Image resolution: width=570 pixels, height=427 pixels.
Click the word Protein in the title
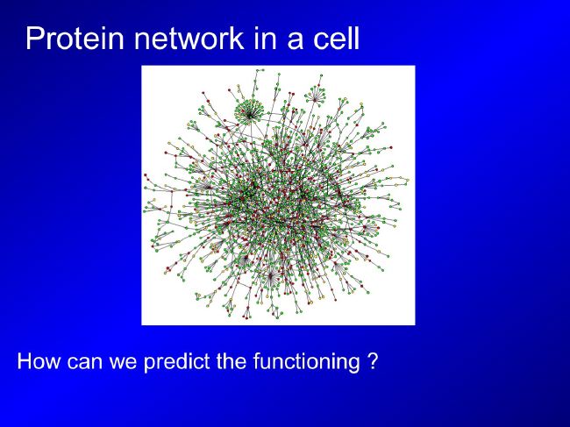point(75,38)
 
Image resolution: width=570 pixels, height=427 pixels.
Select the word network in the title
point(189,38)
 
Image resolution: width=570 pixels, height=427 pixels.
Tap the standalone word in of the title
point(267,38)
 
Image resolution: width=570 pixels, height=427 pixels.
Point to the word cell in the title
point(336,38)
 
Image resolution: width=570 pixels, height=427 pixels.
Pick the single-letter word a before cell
point(296,40)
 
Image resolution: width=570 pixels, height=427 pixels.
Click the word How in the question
point(39,361)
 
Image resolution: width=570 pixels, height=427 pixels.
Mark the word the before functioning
point(231,361)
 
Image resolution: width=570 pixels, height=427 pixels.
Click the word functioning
point(306,362)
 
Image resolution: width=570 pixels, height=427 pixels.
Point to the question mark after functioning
point(373,361)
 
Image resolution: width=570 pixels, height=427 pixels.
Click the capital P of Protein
point(34,38)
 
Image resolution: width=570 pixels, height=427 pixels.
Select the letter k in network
point(237,38)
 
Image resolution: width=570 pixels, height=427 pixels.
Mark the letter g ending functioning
point(354,365)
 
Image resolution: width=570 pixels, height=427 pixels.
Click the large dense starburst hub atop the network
point(249,112)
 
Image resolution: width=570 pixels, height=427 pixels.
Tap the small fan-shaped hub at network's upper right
point(316,96)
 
